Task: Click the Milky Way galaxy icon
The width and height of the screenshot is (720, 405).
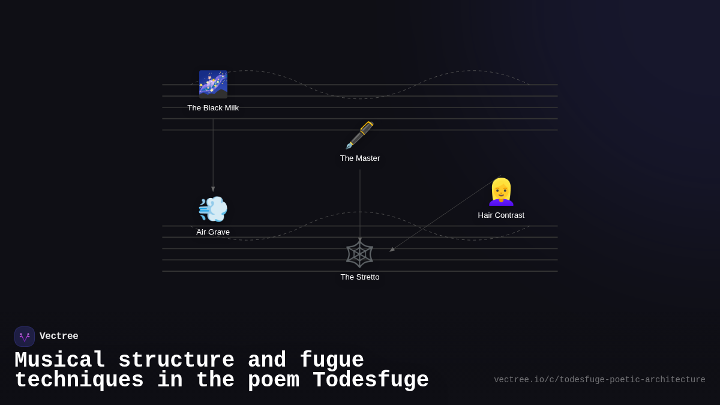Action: [213, 84]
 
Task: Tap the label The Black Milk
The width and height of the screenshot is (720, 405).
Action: [213, 108]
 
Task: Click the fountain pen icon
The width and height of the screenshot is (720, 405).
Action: [360, 135]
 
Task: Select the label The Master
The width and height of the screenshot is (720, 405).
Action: [360, 158]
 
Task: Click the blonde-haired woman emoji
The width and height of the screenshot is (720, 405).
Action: [501, 192]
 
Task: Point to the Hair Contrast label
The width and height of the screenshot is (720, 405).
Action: [501, 215]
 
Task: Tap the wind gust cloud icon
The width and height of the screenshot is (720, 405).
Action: [213, 209]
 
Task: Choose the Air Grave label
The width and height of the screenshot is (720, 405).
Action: [213, 232]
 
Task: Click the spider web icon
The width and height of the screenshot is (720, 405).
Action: [360, 254]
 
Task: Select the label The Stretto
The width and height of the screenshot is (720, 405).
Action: [360, 277]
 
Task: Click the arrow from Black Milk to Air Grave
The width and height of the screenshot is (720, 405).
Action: [213, 153]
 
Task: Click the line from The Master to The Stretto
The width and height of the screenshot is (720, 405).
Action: [360, 204]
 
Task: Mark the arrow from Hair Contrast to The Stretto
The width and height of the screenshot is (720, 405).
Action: [444, 214]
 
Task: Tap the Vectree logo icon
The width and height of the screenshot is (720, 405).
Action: [25, 337]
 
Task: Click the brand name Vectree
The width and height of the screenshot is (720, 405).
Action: [59, 337]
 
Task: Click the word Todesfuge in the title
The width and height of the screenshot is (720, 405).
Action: [370, 380]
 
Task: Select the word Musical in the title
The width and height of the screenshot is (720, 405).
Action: [60, 361]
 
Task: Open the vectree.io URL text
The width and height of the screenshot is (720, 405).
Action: [599, 380]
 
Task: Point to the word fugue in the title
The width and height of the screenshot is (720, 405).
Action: [332, 361]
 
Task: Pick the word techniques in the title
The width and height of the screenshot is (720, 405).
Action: [79, 380]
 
